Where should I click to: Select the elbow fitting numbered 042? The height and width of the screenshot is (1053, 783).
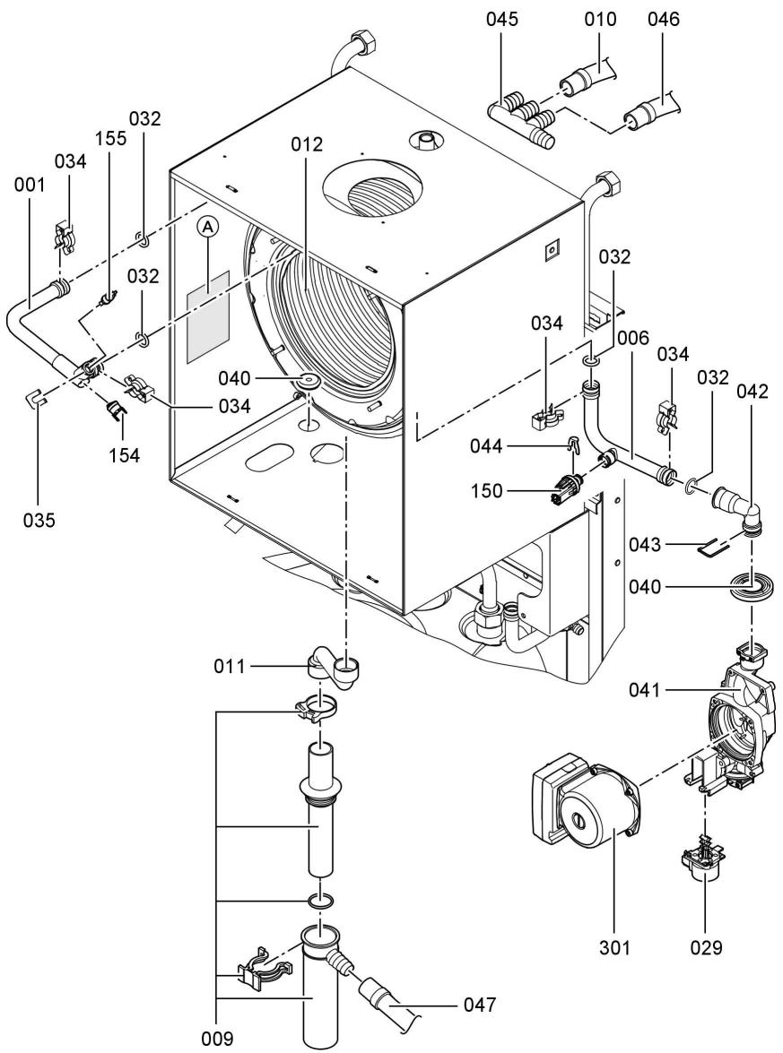(741, 507)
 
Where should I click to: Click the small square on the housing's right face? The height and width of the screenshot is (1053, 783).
(551, 250)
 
